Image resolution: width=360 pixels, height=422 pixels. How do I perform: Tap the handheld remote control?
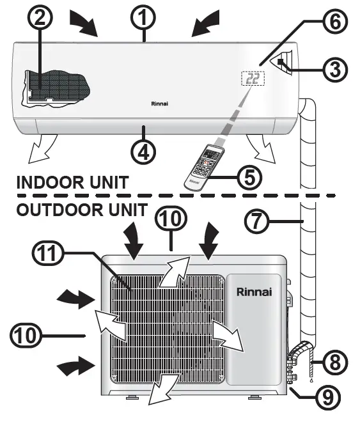pos(205,165)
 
